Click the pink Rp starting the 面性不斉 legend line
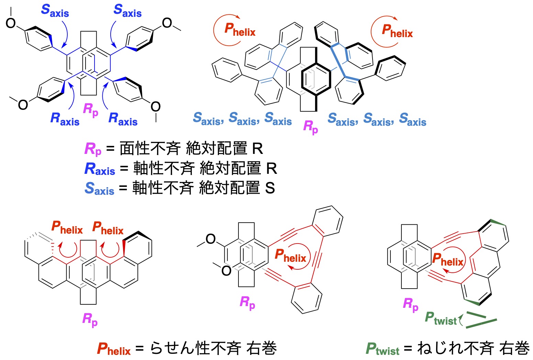pos(93,149)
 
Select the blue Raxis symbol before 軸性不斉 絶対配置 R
pos(100,169)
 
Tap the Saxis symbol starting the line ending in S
pos(99,189)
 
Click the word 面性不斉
pos(150,149)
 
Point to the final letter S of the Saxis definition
pos(270,188)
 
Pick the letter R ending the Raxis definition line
pos(271,169)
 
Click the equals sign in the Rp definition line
pos(110,149)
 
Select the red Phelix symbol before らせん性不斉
pos(114,349)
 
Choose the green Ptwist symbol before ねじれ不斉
pos(382,349)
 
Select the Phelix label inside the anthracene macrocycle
pos(448,260)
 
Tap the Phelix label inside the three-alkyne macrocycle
pos(290,256)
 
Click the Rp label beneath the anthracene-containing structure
pos(411,305)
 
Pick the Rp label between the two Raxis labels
pos(91,110)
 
